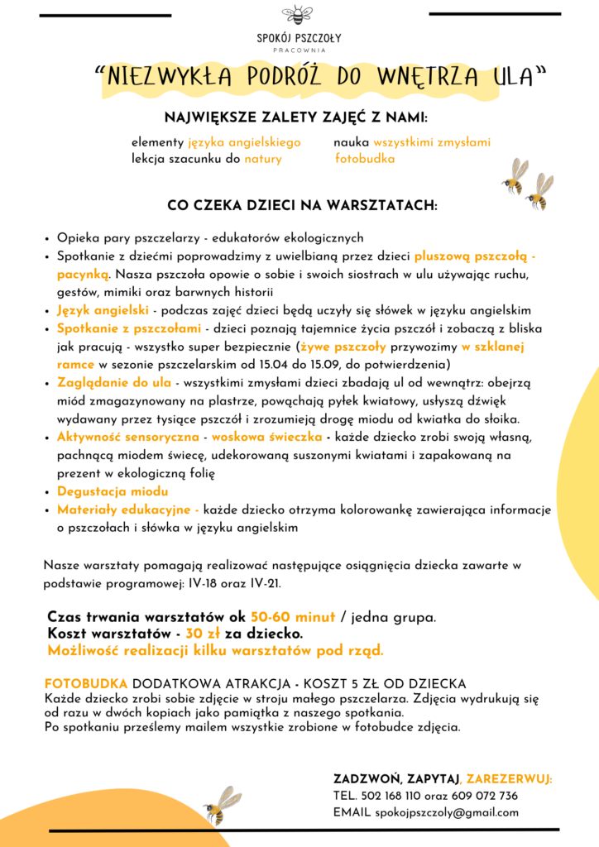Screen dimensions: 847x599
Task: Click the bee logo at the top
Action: [x=298, y=14]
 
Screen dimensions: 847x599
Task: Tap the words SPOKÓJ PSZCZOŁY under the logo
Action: [x=299, y=38]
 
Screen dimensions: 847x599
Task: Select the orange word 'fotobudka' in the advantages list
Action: [x=365, y=159]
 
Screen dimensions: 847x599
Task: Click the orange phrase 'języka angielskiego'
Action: [x=244, y=142]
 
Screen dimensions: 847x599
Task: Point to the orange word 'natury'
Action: [x=263, y=159]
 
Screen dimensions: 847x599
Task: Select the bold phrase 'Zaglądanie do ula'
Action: [x=114, y=384]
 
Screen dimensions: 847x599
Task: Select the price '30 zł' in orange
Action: [x=202, y=634]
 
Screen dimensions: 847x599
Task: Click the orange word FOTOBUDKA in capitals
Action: [x=86, y=684]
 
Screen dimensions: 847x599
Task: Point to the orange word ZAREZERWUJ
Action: [x=509, y=779]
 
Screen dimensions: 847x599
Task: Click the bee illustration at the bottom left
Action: [x=220, y=804]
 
